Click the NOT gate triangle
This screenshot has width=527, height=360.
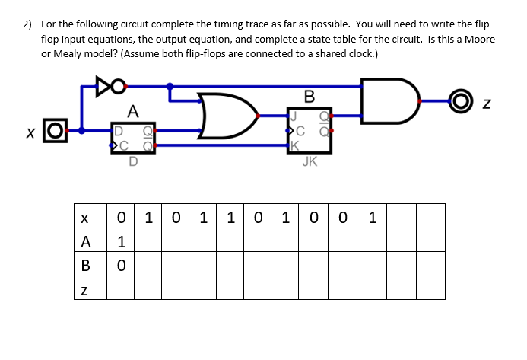tap(104, 87)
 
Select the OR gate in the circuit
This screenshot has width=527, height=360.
tap(227, 116)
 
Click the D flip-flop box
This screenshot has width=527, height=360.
tap(133, 137)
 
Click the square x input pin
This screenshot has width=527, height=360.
tap(52, 134)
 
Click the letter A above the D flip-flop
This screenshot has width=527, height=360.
tap(134, 111)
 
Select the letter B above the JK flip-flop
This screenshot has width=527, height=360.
tap(308, 97)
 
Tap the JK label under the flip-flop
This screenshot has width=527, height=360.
tap(310, 161)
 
